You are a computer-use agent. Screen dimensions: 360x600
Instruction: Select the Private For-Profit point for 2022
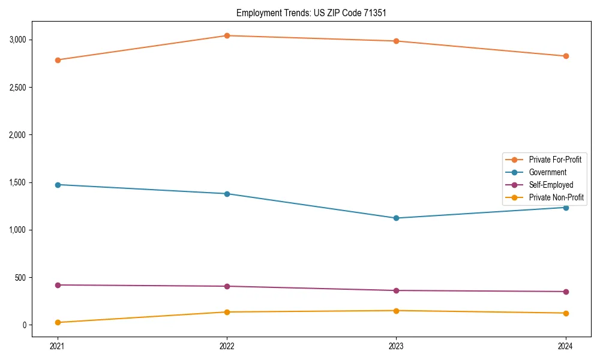pyautogui.click(x=227, y=35)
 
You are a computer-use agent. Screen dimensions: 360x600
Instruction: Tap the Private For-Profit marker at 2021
pyautogui.click(x=58, y=60)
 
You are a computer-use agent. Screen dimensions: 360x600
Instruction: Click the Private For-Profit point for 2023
pyautogui.click(x=396, y=41)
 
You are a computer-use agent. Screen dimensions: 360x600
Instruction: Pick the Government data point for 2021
pyautogui.click(x=58, y=185)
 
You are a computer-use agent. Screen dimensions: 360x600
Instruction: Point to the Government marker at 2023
pyautogui.click(x=396, y=218)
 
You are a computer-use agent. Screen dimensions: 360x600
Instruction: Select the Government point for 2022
pyautogui.click(x=227, y=194)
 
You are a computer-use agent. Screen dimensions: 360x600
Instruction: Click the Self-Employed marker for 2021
pyautogui.click(x=58, y=285)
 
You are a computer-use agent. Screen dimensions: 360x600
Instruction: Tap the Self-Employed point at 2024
pyautogui.click(x=566, y=292)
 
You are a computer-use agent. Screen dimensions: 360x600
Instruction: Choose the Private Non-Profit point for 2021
pyautogui.click(x=58, y=322)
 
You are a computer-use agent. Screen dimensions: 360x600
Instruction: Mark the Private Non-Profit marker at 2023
pyautogui.click(x=396, y=310)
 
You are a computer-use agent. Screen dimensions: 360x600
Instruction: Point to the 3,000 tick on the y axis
pyautogui.click(x=17, y=40)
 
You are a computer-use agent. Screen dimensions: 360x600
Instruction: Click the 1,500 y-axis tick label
pyautogui.click(x=17, y=182)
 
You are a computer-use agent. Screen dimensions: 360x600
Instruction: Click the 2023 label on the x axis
pyautogui.click(x=396, y=346)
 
